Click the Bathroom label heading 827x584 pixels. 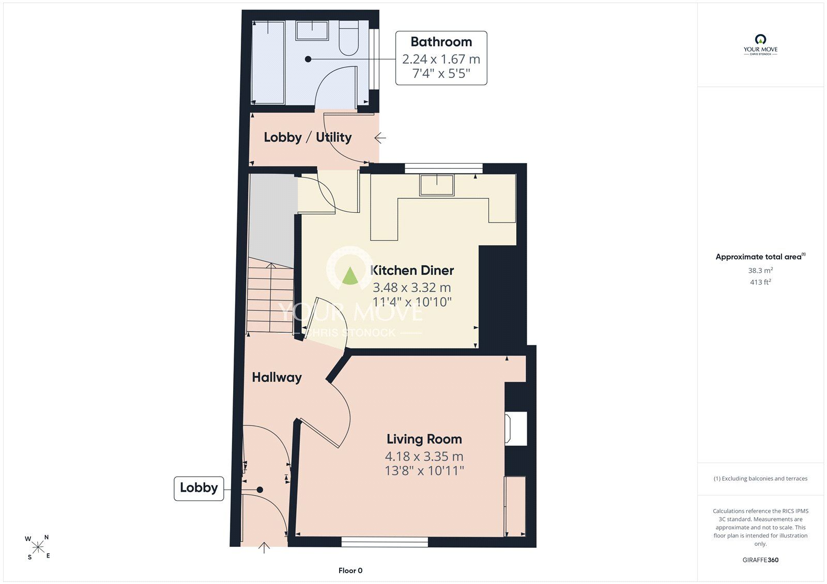tap(441, 42)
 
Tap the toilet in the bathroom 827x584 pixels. tap(348, 38)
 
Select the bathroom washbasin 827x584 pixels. tap(312, 30)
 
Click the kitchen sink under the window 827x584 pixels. tap(437, 185)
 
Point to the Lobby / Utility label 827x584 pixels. tap(308, 137)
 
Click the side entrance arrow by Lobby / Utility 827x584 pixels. tap(380, 138)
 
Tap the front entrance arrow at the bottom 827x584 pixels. tap(264, 547)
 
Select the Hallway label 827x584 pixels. tap(277, 377)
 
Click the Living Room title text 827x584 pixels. tap(424, 439)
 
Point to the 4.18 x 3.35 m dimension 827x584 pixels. tap(424, 456)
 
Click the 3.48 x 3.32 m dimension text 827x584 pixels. tap(411, 287)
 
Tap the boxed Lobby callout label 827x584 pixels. tap(198, 488)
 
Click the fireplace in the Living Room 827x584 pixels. tap(516, 429)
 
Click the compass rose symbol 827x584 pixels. tap(38, 547)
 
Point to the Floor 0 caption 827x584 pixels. tap(350, 571)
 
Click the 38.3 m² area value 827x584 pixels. tap(760, 270)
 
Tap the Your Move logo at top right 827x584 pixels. tap(760, 44)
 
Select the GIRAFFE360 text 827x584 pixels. tap(760, 560)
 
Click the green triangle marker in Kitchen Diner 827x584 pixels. tap(349, 276)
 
